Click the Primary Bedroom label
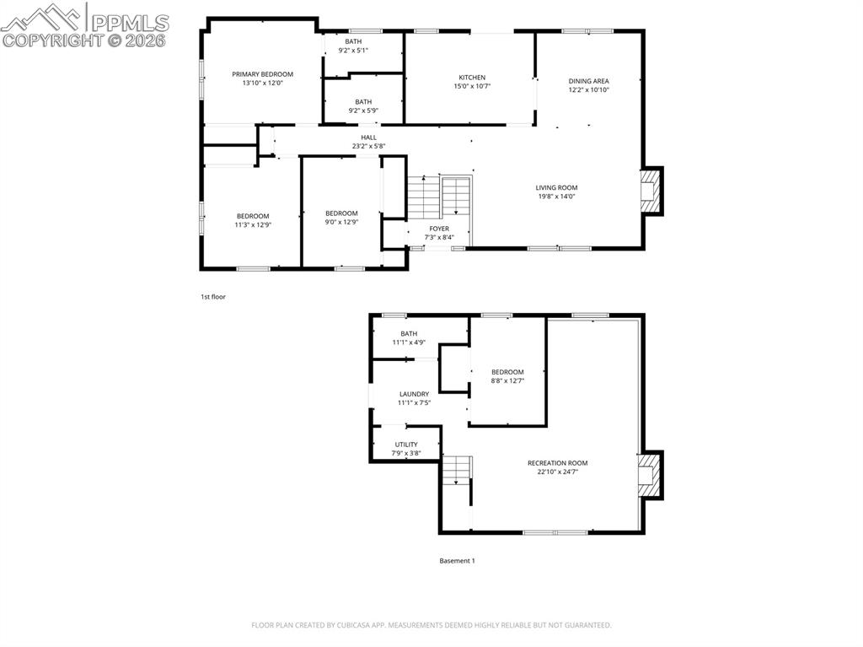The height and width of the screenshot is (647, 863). pyautogui.click(x=262, y=74)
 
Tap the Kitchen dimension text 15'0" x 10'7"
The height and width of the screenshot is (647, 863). pyautogui.click(x=472, y=86)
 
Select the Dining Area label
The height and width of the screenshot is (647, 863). pyautogui.click(x=588, y=81)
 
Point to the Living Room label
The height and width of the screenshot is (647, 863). pyautogui.click(x=556, y=187)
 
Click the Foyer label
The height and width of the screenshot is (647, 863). pyautogui.click(x=439, y=229)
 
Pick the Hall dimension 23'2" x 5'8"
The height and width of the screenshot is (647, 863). pyautogui.click(x=368, y=146)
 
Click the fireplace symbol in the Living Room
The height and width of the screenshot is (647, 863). pyautogui.click(x=649, y=191)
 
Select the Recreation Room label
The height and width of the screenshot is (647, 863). pyautogui.click(x=557, y=462)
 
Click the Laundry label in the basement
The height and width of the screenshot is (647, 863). pyautogui.click(x=414, y=394)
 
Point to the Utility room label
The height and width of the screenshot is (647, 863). pyautogui.click(x=406, y=445)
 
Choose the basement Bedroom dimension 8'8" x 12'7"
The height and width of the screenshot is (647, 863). pyautogui.click(x=507, y=381)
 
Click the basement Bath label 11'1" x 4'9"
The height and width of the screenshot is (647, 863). pyautogui.click(x=409, y=333)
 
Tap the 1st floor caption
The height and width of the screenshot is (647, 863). pyautogui.click(x=213, y=297)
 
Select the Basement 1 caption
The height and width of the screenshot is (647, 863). pyautogui.click(x=458, y=561)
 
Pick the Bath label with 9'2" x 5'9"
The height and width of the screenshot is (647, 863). pyautogui.click(x=363, y=101)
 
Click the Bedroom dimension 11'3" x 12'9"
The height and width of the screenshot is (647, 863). pyautogui.click(x=253, y=224)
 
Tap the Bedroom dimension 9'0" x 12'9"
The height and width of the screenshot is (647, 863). pyautogui.click(x=341, y=222)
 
